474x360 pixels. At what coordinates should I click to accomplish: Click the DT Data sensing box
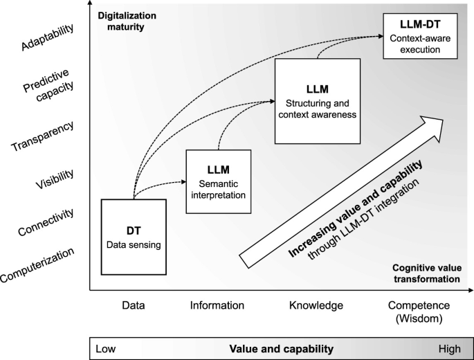click(x=133, y=236)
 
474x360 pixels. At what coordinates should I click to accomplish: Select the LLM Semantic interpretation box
click(x=218, y=182)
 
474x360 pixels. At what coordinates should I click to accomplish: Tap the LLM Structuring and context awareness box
click(x=318, y=100)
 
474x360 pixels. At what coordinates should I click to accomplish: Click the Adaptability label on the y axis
click(x=48, y=33)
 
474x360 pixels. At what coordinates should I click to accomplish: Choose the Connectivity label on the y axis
click(x=47, y=222)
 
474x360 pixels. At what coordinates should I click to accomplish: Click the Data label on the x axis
click(x=133, y=305)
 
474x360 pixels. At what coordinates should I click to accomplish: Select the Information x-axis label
click(x=218, y=305)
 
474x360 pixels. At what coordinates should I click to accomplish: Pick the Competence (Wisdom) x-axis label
click(x=419, y=311)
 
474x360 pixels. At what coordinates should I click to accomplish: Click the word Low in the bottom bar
click(x=105, y=349)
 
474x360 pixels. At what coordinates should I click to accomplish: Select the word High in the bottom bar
click(x=450, y=349)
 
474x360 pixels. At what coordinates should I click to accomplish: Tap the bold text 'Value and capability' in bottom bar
click(x=281, y=349)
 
